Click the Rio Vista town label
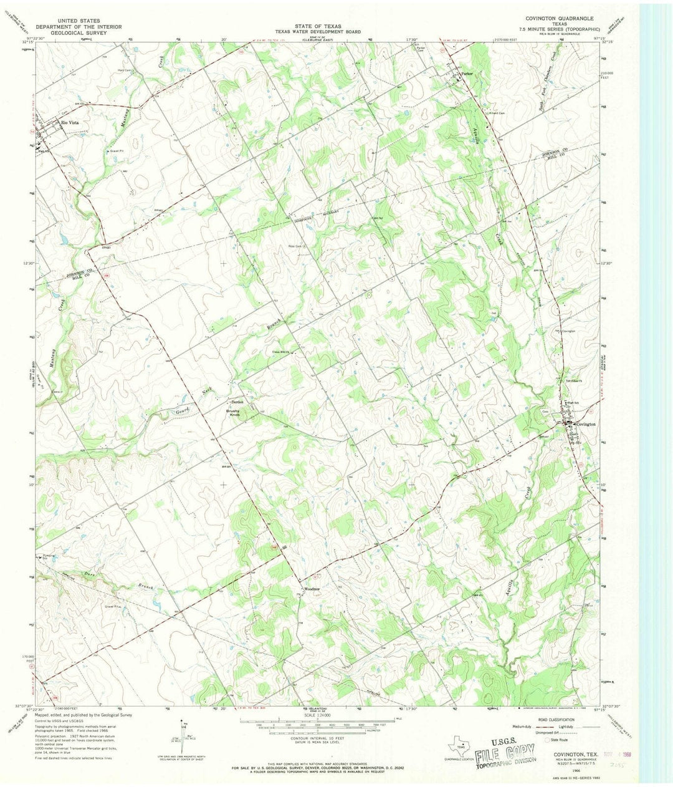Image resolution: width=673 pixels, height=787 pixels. pos(69,122)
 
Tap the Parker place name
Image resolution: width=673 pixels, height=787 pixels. pos(469,74)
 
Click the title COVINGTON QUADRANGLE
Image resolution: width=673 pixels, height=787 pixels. pos(559,19)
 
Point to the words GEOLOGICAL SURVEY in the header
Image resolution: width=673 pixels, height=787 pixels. pos(71,32)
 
